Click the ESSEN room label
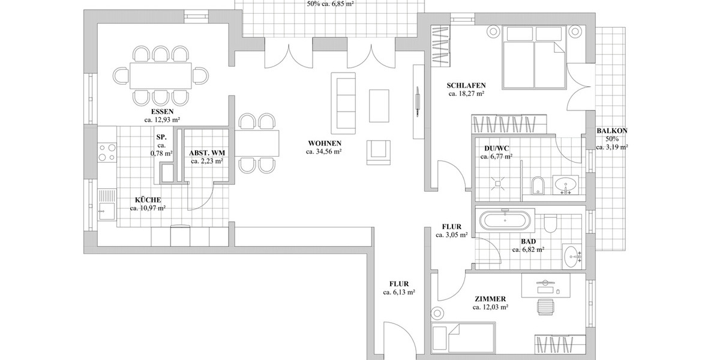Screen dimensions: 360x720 (163, 112)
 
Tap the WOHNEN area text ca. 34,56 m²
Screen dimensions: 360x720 (324, 152)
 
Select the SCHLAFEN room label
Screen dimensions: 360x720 (466, 85)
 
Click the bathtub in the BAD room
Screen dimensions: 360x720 (506, 220)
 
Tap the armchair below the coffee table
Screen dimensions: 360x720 (378, 152)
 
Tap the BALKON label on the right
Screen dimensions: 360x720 (612, 131)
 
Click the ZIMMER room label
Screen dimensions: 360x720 (490, 299)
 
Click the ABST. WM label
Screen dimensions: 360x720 (207, 152)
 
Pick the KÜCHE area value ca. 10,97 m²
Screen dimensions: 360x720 (148, 208)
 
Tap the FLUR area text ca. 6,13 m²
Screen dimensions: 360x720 (400, 292)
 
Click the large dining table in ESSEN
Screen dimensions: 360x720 (160, 76)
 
